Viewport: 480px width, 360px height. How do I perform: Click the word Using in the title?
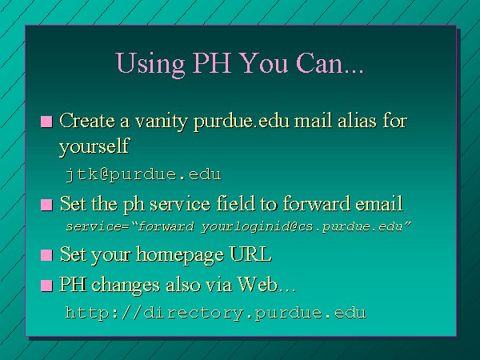[x=150, y=64]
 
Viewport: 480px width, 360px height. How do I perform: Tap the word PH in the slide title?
[x=212, y=62]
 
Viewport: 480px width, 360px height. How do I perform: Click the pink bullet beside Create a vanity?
[x=46, y=122]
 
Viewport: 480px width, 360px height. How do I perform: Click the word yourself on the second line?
[x=94, y=146]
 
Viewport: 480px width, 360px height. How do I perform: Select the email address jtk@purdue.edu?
[x=143, y=174]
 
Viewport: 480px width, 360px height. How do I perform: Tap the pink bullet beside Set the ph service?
[x=46, y=205]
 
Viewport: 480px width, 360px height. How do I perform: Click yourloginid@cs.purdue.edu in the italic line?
[x=302, y=227]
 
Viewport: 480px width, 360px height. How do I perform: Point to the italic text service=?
[x=99, y=227]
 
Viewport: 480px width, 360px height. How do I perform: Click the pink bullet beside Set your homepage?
[x=46, y=255]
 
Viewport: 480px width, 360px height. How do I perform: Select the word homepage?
[x=180, y=255]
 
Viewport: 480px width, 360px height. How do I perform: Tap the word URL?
[x=250, y=254]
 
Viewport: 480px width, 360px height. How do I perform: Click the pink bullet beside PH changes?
[x=46, y=286]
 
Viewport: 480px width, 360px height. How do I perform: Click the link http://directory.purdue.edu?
[x=216, y=313]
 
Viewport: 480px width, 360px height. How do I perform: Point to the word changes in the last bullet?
[x=126, y=286]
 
